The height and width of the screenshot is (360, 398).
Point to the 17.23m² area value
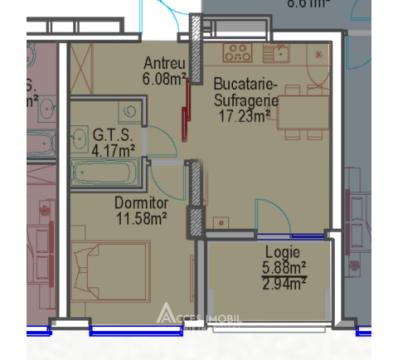click(244, 115)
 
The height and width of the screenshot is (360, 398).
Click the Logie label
click(284, 254)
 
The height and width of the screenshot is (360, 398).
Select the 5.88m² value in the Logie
click(284, 268)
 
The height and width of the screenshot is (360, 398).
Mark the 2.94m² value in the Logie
click(284, 283)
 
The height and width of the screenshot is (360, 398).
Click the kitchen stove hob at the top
click(238, 52)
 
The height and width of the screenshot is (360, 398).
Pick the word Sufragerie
click(244, 100)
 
